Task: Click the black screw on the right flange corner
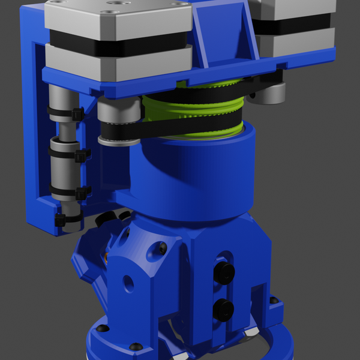point(274,300)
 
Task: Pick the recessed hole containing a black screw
point(161,247)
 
